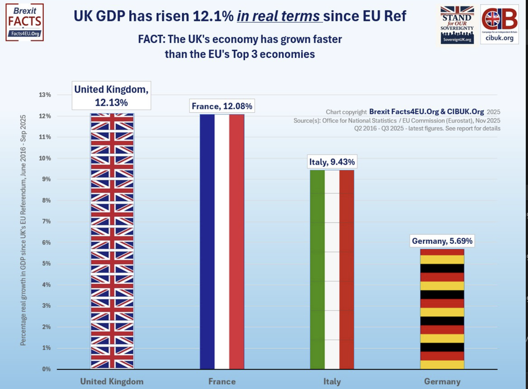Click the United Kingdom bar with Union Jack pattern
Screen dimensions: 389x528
click(x=112, y=243)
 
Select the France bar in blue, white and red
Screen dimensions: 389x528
click(x=222, y=243)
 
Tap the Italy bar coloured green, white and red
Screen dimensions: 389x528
click(x=332, y=270)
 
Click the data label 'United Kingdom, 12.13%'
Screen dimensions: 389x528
click(x=112, y=95)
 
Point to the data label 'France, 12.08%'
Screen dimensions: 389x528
click(x=222, y=106)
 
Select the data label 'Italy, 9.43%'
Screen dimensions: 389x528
click(x=332, y=161)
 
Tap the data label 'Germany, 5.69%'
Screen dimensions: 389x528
click(x=442, y=241)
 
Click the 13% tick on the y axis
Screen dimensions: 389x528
click(x=45, y=95)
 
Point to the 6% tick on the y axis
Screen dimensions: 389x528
click(x=46, y=243)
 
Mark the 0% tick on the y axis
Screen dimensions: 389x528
click(x=46, y=370)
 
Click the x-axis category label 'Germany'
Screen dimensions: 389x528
click(x=442, y=381)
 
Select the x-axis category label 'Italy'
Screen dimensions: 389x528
click(x=332, y=381)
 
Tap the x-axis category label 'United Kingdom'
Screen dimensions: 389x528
click(x=112, y=381)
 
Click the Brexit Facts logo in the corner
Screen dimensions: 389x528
click(x=24, y=22)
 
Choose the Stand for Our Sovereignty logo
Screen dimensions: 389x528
click(x=457, y=25)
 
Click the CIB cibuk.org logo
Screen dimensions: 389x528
click(x=499, y=25)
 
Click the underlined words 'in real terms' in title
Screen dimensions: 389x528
click(x=279, y=17)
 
